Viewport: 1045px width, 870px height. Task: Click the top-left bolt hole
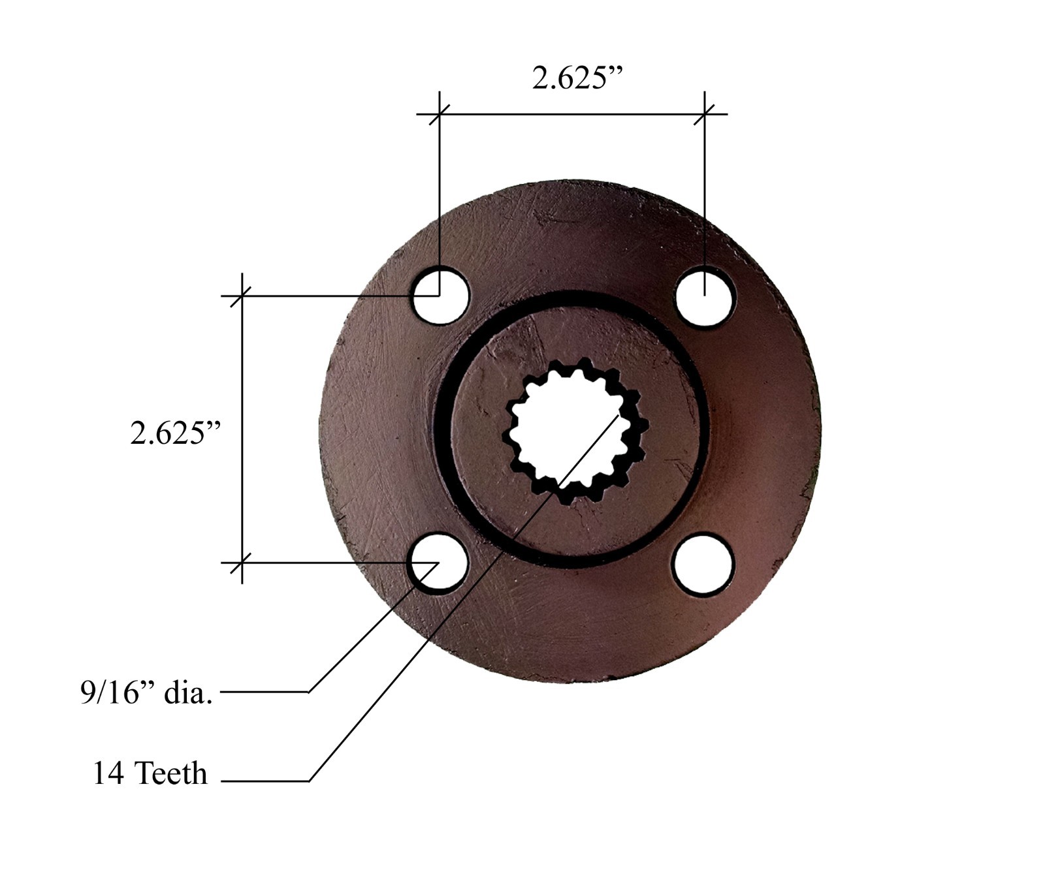click(x=442, y=296)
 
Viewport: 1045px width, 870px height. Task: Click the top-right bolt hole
click(x=705, y=296)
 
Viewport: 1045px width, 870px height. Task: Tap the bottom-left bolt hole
click(x=438, y=563)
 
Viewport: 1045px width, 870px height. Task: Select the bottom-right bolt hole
click(x=703, y=564)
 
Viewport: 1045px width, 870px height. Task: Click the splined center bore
click(x=575, y=431)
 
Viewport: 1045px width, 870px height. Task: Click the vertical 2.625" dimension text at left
click(x=176, y=433)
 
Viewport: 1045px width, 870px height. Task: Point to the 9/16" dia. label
click(x=146, y=692)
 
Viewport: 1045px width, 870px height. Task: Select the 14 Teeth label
click(x=150, y=773)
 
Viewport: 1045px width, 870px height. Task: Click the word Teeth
click(x=171, y=773)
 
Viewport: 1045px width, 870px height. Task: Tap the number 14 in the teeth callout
click(x=108, y=773)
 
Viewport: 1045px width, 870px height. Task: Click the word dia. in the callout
click(x=188, y=692)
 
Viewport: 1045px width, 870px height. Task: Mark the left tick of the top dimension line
click(x=440, y=115)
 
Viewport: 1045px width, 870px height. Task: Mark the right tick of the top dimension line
click(x=704, y=115)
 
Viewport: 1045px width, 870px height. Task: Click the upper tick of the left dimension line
click(x=242, y=296)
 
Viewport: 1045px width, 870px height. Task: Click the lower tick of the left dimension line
click(x=242, y=562)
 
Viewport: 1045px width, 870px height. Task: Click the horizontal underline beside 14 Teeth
click(x=265, y=781)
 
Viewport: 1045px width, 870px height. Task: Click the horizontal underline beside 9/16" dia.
click(x=265, y=692)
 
